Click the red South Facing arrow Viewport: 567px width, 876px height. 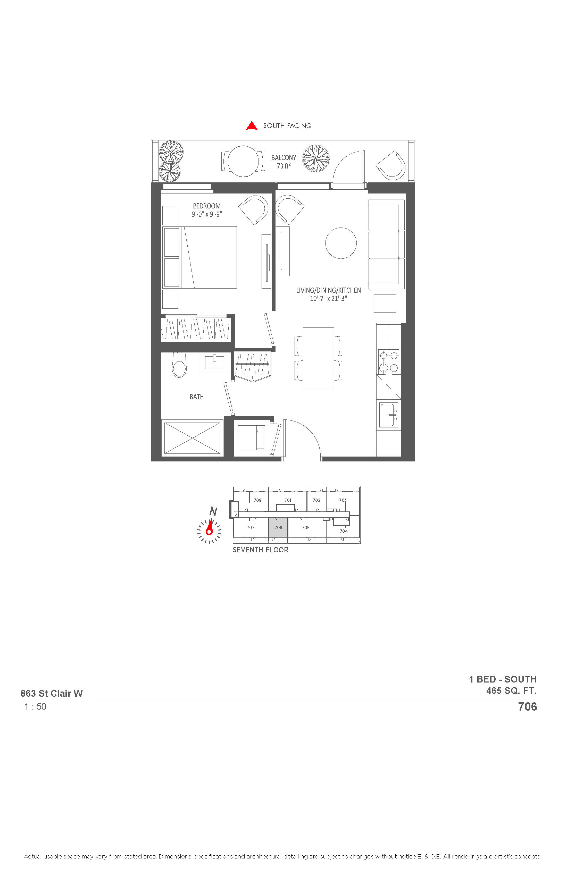click(x=252, y=126)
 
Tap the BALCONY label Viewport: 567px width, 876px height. click(x=283, y=157)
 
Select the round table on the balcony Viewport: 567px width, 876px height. click(x=243, y=161)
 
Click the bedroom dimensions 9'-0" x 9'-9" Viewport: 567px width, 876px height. click(x=207, y=214)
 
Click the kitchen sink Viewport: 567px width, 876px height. click(x=389, y=415)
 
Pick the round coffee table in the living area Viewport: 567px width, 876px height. click(x=341, y=243)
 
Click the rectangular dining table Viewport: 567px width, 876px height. click(x=319, y=358)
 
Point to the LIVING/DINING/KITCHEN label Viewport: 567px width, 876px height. click(x=328, y=290)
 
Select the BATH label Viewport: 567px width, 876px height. click(x=197, y=397)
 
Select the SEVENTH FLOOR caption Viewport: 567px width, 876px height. click(x=261, y=550)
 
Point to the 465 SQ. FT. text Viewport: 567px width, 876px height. click(x=511, y=690)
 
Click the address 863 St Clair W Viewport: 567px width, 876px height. click(x=52, y=693)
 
